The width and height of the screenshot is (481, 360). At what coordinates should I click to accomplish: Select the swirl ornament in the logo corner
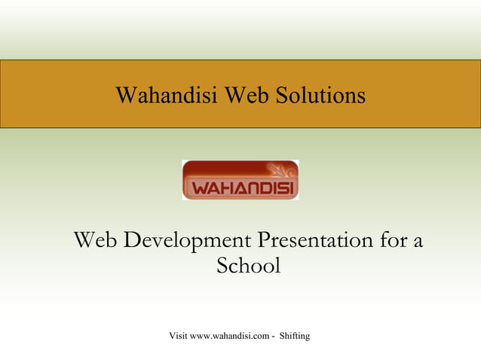pos(283,170)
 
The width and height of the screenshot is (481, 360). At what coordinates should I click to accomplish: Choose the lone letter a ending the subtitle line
pos(418,243)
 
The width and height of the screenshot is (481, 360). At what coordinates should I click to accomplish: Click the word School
pos(248,267)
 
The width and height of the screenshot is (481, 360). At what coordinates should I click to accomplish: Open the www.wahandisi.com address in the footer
pos(231,335)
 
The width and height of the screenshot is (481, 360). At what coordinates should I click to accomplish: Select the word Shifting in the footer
pos(295,335)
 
